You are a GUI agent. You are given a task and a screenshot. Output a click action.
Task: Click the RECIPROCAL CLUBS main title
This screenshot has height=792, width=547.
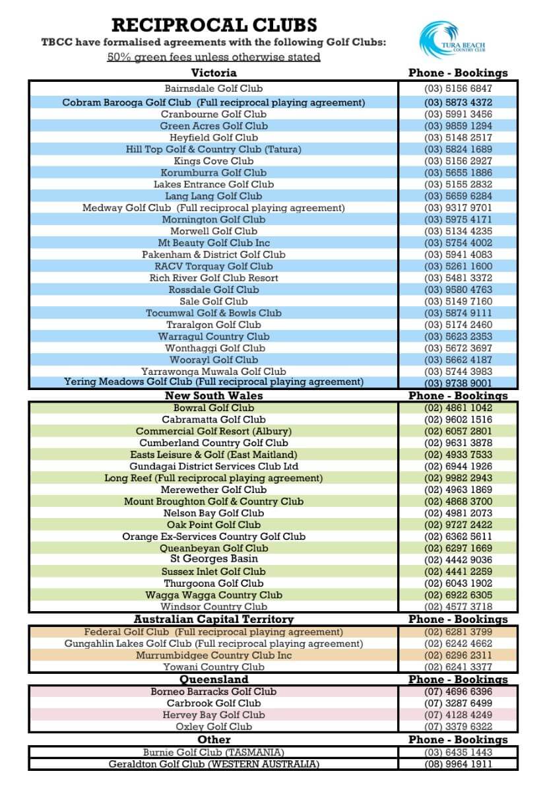click(214, 25)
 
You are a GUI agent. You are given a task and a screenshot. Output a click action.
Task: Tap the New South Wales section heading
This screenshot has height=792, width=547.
click(213, 395)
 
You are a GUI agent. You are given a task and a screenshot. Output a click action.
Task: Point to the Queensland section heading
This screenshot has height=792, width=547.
click(214, 679)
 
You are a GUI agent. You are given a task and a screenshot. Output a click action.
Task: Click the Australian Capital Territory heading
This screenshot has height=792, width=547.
click(213, 619)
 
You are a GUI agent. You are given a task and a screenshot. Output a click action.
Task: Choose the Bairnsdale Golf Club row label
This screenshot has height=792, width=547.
click(213, 88)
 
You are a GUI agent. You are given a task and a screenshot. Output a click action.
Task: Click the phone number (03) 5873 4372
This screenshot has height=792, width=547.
click(458, 102)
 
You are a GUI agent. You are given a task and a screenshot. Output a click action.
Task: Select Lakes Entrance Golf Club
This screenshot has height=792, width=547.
click(213, 184)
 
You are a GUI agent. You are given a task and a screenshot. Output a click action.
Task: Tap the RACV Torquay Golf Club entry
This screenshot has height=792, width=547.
click(213, 266)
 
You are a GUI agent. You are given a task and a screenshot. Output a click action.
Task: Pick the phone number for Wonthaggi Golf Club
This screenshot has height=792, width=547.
click(458, 348)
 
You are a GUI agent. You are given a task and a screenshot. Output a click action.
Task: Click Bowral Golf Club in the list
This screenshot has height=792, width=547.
click(213, 407)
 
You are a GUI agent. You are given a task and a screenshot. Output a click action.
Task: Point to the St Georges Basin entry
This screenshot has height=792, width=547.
click(214, 559)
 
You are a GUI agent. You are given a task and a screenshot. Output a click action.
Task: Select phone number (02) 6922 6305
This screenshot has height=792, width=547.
click(458, 595)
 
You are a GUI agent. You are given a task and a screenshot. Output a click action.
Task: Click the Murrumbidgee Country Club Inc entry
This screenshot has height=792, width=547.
click(213, 655)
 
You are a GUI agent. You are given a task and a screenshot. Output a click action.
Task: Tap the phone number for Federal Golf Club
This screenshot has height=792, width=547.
click(458, 632)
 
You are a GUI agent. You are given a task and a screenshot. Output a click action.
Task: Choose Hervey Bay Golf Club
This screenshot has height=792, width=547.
click(213, 715)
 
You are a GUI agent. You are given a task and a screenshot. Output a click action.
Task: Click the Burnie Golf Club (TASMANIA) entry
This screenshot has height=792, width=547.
click(213, 752)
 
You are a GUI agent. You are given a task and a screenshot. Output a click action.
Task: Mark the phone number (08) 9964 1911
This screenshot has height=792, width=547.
click(458, 764)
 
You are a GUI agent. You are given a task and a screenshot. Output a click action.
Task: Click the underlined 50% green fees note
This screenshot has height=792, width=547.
click(213, 57)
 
